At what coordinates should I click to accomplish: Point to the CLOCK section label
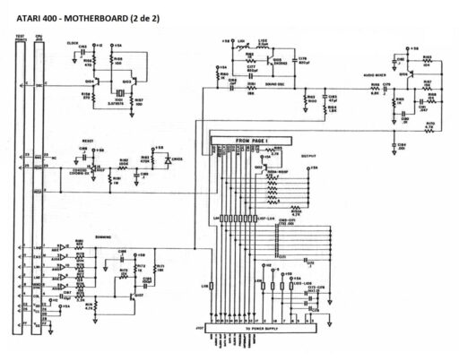(x=72, y=43)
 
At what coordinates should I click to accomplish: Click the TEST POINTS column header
(x=20, y=36)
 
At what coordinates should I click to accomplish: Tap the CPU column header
(x=38, y=36)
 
